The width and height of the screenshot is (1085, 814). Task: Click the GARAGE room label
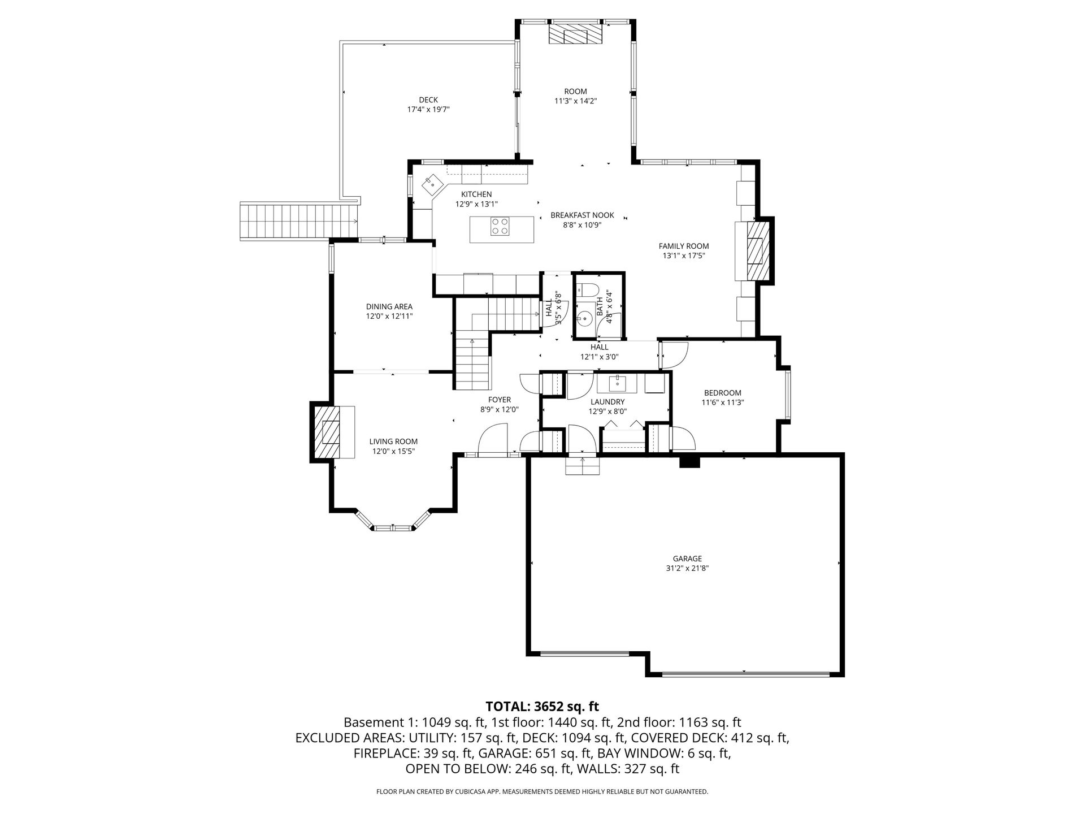(687, 558)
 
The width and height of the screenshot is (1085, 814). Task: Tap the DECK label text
(428, 100)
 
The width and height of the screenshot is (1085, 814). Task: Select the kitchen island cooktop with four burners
(500, 226)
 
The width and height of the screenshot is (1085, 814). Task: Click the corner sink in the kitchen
(432, 183)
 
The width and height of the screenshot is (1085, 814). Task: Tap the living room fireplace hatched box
(328, 432)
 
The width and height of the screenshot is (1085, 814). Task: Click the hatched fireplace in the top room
(576, 34)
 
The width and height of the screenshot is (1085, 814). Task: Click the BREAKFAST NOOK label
(582, 215)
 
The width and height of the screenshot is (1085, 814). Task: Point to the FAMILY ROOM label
(684, 246)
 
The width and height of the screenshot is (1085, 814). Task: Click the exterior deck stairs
(300, 220)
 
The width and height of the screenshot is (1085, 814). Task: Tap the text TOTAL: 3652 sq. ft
(542, 706)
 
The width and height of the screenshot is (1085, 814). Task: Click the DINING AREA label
(389, 307)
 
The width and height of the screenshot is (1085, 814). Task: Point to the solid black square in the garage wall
(689, 461)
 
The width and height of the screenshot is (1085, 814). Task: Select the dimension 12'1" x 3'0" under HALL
(600, 357)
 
